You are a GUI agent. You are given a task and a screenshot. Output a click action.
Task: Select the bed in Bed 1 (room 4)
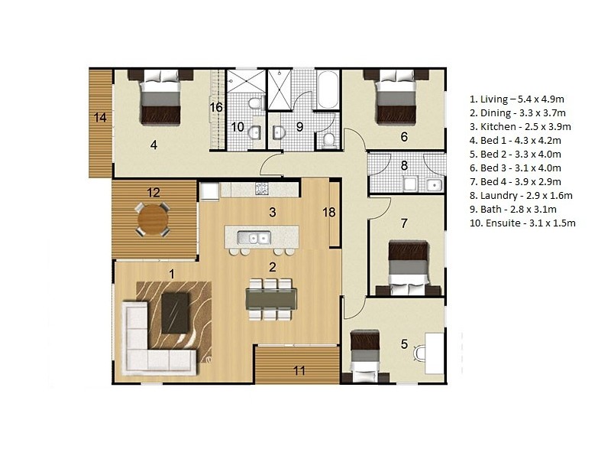pyautogui.click(x=161, y=97)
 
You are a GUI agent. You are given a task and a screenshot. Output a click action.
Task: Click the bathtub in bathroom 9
pyautogui.click(x=328, y=90)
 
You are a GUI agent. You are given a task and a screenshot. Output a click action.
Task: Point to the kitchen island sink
pyautogui.click(x=254, y=238)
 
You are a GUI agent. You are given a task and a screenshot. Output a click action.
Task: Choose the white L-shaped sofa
pyautogui.click(x=149, y=344)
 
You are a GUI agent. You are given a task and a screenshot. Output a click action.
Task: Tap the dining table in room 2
pyautogui.click(x=269, y=299)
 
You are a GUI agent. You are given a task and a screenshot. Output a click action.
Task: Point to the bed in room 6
pyautogui.click(x=395, y=96)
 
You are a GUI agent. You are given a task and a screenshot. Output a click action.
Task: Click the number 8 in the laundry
pyautogui.click(x=405, y=164)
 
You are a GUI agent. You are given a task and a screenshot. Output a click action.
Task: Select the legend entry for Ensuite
pyautogui.click(x=522, y=223)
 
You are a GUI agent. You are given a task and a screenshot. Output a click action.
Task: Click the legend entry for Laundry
pyautogui.click(x=521, y=195)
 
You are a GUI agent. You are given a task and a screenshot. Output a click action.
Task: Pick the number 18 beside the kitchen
pyautogui.click(x=329, y=213)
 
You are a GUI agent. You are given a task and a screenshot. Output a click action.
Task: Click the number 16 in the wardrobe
pyautogui.click(x=216, y=107)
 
